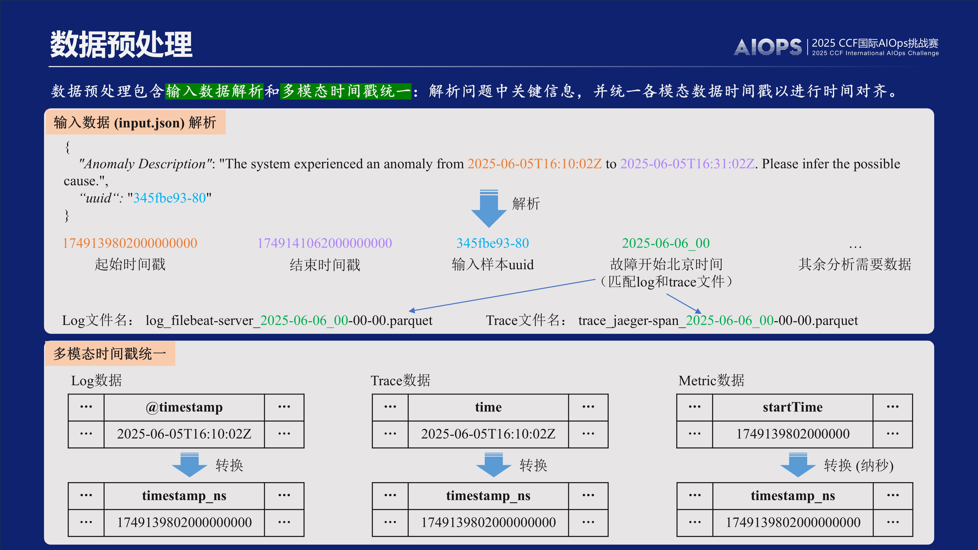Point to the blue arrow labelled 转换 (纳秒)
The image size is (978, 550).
click(x=798, y=465)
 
